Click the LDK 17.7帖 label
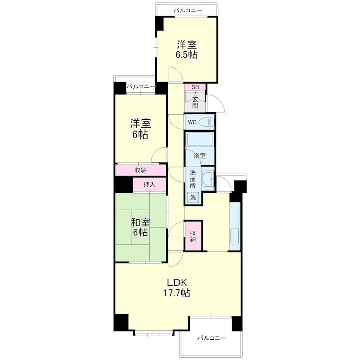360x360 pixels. tap(176, 288)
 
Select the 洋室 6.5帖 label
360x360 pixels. tap(187, 49)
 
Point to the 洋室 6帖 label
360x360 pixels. tap(140, 129)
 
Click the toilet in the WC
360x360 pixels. tap(207, 122)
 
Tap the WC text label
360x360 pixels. tap(192, 122)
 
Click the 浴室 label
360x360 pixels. tap(199, 156)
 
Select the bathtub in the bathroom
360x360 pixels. tap(200, 139)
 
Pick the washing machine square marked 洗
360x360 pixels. tap(193, 197)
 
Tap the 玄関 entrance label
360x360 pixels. tap(195, 103)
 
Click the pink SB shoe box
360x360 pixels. tap(195, 87)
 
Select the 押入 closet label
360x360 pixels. tap(149, 184)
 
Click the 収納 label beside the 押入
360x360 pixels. tap(140, 170)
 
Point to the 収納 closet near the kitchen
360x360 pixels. tap(193, 236)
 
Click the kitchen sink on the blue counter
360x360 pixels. tap(234, 236)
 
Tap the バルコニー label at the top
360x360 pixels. tap(188, 10)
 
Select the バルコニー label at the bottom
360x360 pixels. tap(212, 338)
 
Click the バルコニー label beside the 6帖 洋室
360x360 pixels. tap(141, 86)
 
